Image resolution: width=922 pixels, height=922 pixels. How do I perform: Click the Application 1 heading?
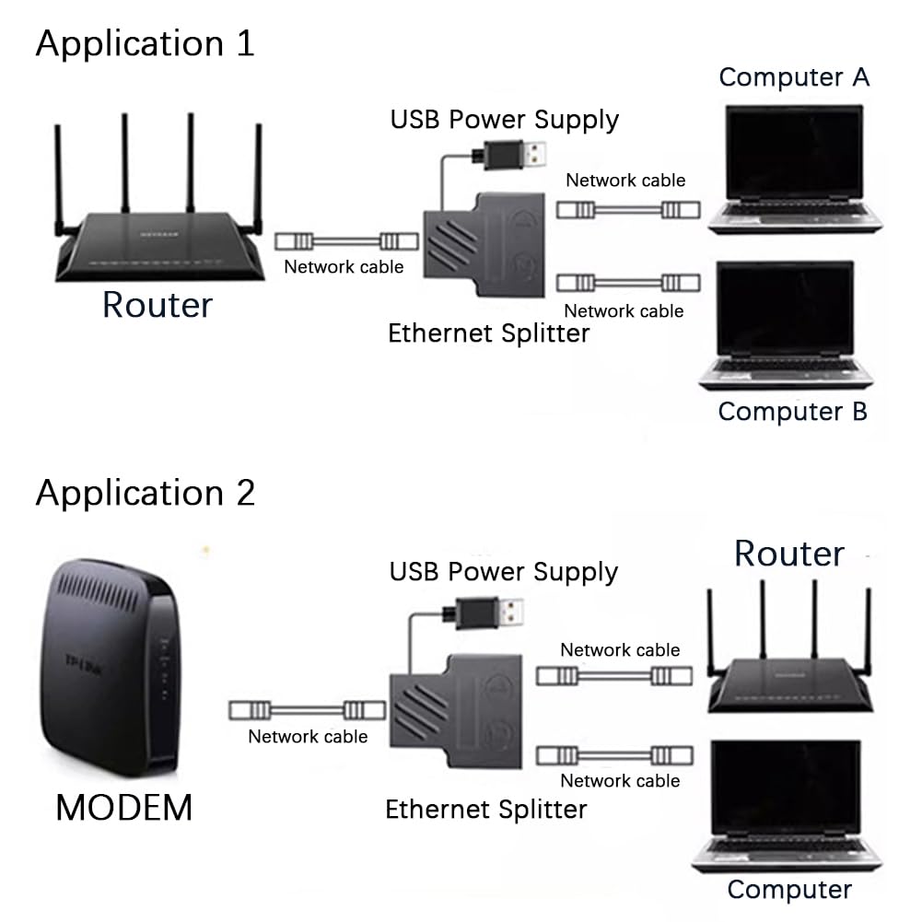(x=145, y=43)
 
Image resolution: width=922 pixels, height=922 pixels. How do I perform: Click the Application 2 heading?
(x=145, y=493)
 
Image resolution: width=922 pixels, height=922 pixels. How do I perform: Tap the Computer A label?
(x=794, y=77)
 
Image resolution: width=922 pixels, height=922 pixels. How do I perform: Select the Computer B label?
(x=792, y=411)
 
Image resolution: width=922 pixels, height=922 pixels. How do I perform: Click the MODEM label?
(x=124, y=808)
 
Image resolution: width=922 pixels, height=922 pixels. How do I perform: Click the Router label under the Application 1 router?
(x=157, y=305)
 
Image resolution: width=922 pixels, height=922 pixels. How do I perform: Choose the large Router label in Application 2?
(x=788, y=554)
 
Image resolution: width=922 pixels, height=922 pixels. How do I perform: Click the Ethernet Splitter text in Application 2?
(x=485, y=810)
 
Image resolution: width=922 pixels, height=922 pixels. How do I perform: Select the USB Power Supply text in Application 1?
(x=504, y=119)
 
